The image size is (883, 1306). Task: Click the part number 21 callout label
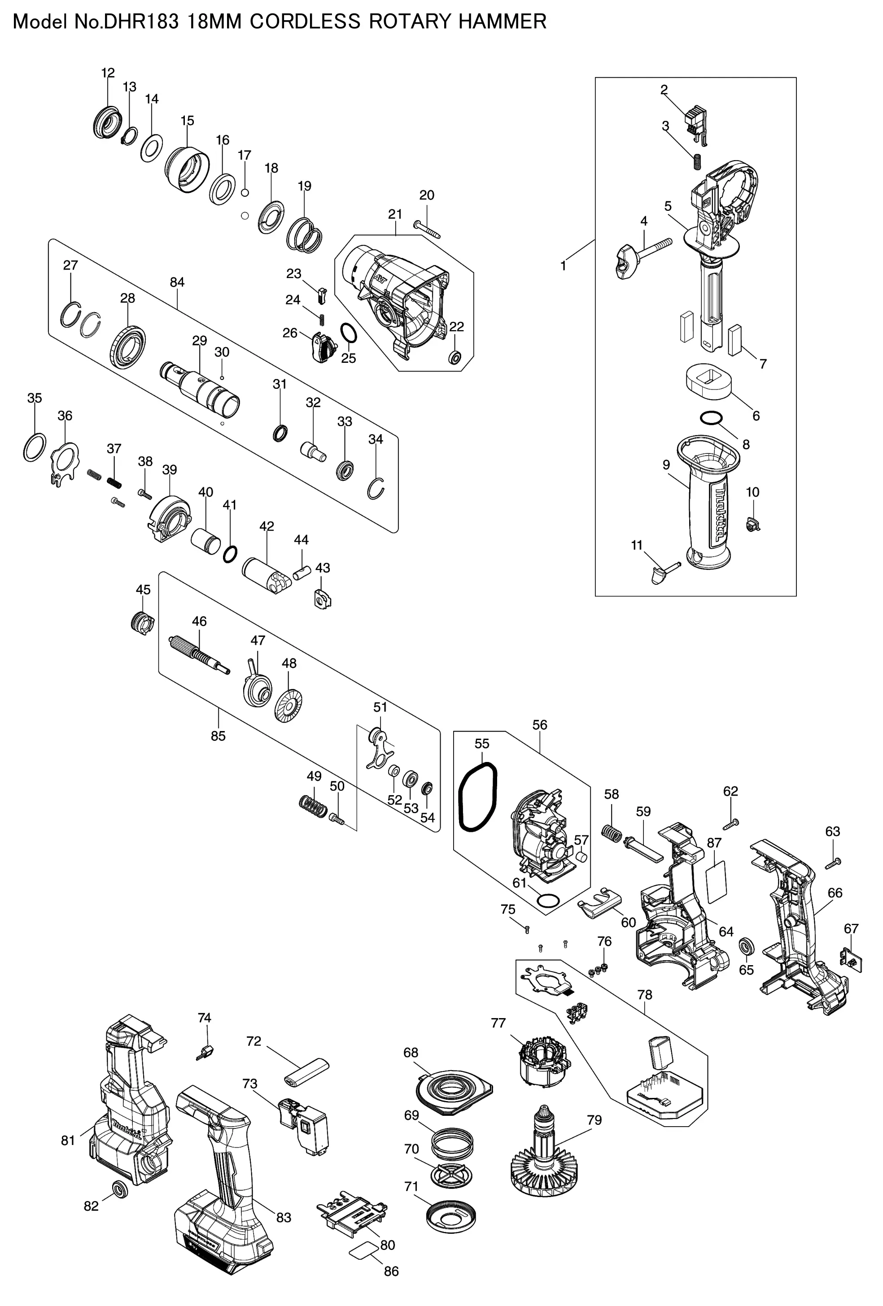[395, 214]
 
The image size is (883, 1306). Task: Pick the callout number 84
[177, 282]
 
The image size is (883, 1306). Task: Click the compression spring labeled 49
[313, 807]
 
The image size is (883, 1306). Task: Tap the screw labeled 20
[428, 229]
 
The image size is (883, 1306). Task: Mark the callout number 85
[218, 736]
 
